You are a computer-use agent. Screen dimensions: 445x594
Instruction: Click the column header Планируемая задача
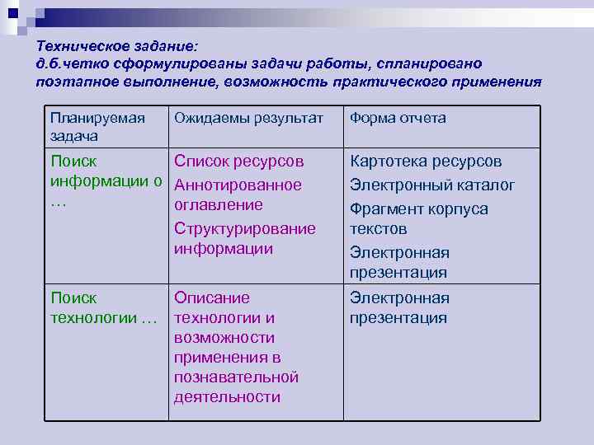click(97, 126)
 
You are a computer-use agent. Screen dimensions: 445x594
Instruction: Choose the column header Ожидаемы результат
click(248, 118)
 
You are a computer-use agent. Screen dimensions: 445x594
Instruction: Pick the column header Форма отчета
click(398, 118)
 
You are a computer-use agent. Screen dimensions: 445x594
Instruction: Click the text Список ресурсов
click(239, 161)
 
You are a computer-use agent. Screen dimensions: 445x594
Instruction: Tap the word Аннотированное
click(238, 185)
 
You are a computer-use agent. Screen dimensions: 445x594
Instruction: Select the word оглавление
click(218, 204)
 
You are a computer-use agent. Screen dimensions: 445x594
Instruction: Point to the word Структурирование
click(244, 228)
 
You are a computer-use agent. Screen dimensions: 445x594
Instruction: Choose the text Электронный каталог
click(432, 185)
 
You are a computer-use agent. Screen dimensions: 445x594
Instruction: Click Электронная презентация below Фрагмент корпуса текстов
click(399, 262)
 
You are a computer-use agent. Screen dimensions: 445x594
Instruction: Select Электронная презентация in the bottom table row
click(399, 307)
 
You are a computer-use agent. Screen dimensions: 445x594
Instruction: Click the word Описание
click(211, 297)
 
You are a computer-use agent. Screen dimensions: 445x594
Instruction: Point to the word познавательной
click(235, 377)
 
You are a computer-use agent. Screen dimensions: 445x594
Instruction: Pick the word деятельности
click(227, 397)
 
